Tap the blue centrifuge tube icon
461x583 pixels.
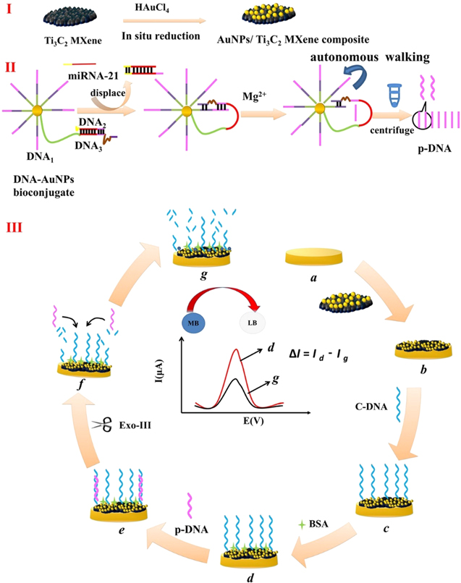coord(374,95)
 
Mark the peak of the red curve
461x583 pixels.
coord(235,351)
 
